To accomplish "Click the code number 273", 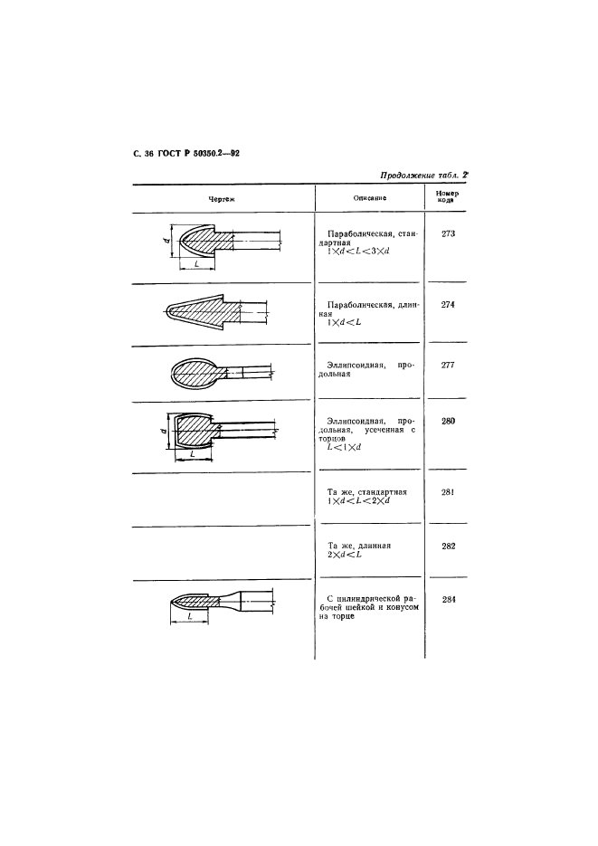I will [448, 233].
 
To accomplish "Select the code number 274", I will [448, 304].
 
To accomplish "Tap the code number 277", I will [448, 365].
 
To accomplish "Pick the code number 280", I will [448, 421].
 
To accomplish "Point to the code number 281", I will [448, 492].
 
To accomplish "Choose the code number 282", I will [448, 547].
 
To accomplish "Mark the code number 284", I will [448, 599].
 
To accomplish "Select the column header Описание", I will [370, 197].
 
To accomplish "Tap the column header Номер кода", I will [447, 197].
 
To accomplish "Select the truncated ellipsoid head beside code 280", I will [194, 431].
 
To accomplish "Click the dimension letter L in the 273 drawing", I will [197, 263].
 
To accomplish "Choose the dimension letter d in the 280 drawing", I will [163, 431].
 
